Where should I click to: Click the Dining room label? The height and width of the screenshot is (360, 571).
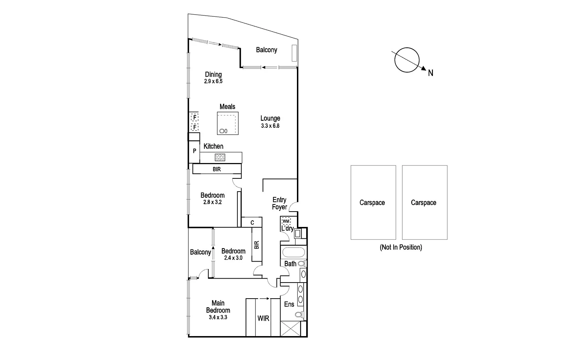[213, 75]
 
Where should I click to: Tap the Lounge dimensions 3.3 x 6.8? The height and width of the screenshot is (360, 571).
[270, 126]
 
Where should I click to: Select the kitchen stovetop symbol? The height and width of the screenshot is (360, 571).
[220, 157]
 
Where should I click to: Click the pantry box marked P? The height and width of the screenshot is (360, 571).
[194, 151]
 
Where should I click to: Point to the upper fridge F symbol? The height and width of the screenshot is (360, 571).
[194, 117]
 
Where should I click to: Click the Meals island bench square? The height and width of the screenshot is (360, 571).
[228, 123]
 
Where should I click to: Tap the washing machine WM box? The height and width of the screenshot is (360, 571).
[286, 221]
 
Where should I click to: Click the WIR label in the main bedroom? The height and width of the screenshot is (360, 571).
[263, 318]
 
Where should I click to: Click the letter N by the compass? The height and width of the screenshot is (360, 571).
[431, 73]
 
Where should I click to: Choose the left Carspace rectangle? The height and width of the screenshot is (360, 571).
[373, 202]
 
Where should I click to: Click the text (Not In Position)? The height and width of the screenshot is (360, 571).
[401, 247]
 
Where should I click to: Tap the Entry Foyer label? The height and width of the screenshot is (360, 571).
[279, 203]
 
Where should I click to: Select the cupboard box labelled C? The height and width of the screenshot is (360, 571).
[252, 223]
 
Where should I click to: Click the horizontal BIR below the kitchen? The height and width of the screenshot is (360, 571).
[217, 169]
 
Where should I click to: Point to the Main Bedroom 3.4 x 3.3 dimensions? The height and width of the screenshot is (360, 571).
[218, 317]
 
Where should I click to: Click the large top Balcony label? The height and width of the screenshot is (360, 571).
[266, 50]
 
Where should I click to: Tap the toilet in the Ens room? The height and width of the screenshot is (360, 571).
[299, 315]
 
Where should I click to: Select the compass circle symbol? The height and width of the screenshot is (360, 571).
[407, 60]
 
